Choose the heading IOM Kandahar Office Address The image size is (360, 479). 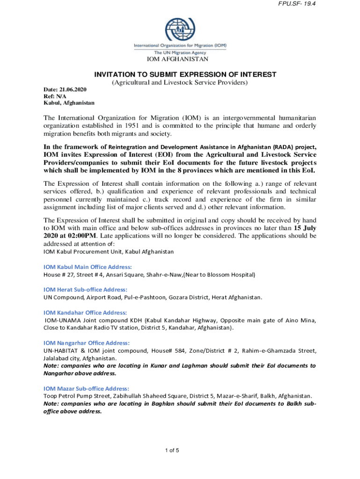pos(85,312)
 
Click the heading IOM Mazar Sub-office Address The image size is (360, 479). pos(86,388)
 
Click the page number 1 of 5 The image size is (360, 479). pos(172,450)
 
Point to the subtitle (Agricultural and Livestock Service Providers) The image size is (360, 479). pos(179,83)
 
